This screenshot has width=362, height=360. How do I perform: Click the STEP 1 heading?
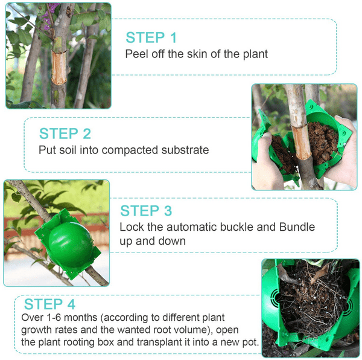coord(151,37)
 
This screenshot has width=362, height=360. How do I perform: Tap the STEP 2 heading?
coord(65,133)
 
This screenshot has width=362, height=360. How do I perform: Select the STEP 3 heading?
coord(146,211)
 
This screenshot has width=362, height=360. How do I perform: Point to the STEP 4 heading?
coord(49,304)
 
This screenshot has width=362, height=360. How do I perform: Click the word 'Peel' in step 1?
coord(136,54)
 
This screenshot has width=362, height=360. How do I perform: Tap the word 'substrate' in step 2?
coord(185,150)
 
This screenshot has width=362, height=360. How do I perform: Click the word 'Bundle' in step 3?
coord(297,227)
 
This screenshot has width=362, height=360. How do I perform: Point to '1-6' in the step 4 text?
coord(54,318)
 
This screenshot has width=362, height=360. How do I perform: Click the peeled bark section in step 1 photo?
coord(59,68)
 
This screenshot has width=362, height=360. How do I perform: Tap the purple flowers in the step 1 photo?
coord(49,16)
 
